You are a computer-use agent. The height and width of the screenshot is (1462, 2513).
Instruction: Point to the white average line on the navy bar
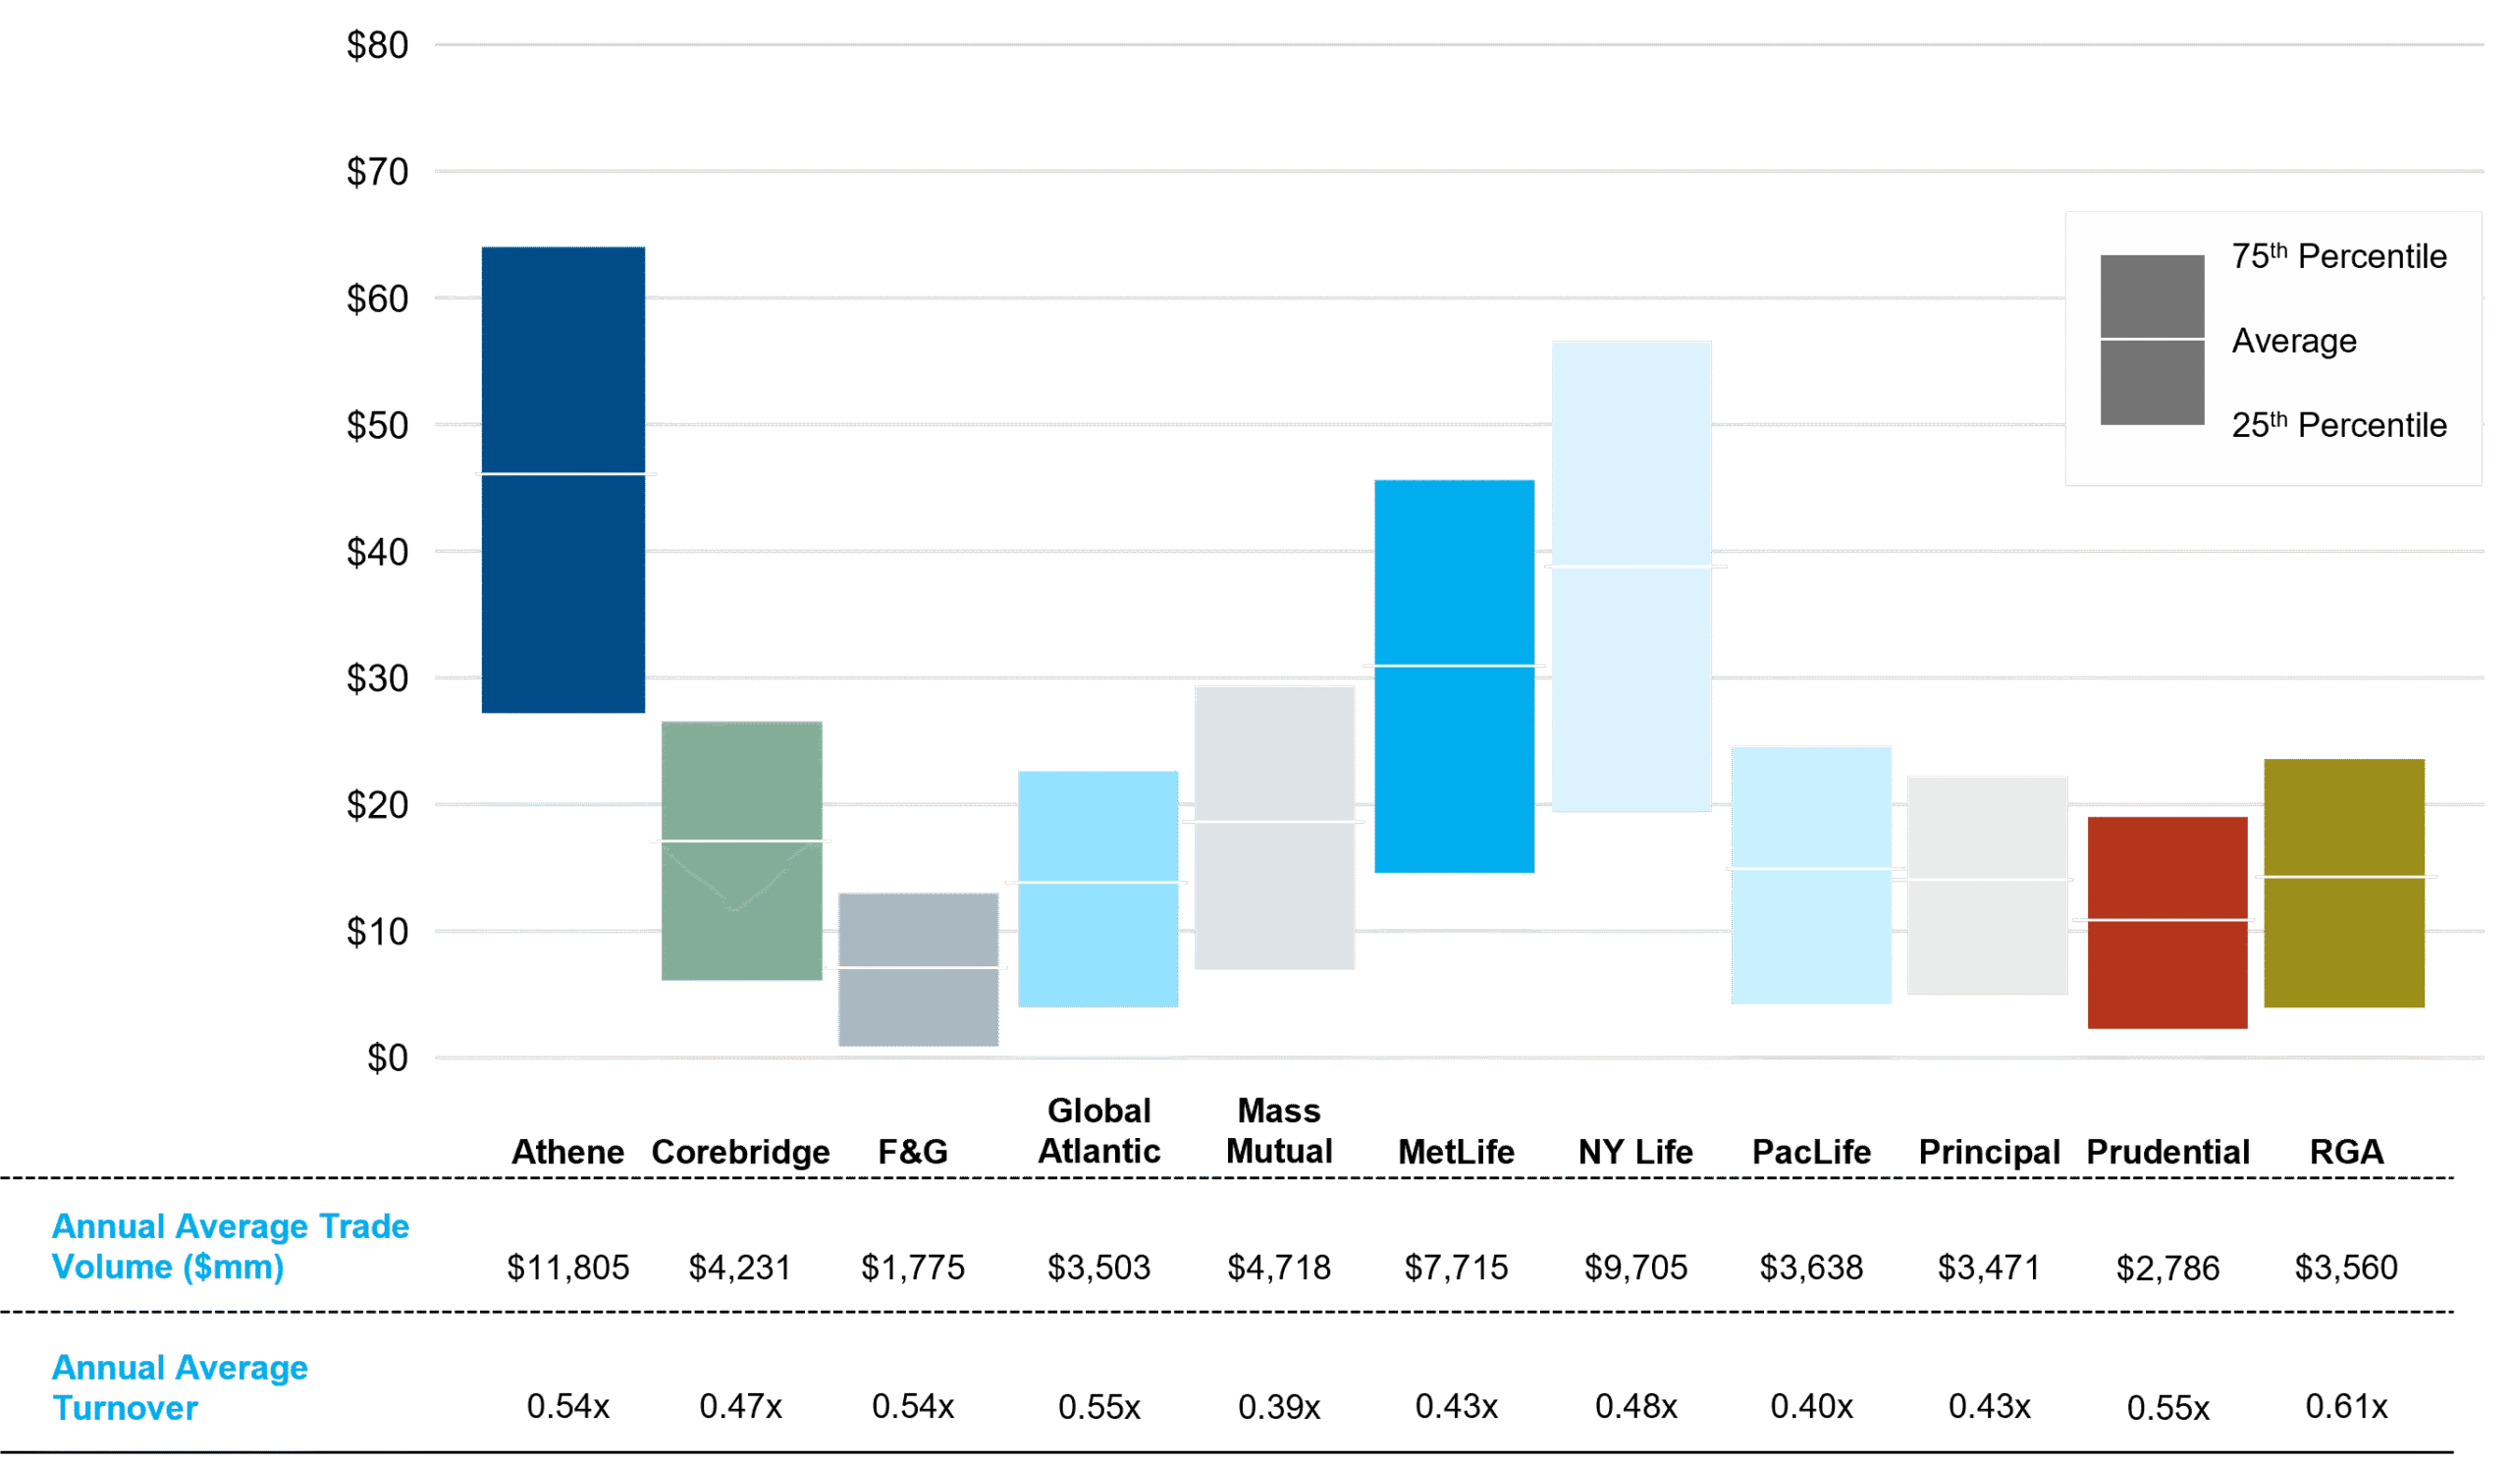[564, 473]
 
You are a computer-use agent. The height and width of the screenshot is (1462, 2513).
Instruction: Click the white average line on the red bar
[2164, 919]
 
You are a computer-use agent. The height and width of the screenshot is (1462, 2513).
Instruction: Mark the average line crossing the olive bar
[2345, 877]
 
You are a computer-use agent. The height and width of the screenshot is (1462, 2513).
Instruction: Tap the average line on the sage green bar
[740, 840]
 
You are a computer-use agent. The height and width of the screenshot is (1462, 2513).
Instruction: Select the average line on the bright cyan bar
[1454, 665]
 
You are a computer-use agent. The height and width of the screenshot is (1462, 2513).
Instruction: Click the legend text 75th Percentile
[2338, 257]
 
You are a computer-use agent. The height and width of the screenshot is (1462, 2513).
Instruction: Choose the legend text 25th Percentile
[2338, 426]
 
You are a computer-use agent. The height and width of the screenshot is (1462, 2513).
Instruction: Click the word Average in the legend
[2294, 341]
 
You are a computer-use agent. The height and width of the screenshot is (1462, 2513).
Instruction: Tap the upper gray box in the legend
[2152, 296]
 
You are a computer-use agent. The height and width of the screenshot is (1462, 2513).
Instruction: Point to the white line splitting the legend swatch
[2152, 339]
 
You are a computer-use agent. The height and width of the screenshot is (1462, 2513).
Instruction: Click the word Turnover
[126, 1408]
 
